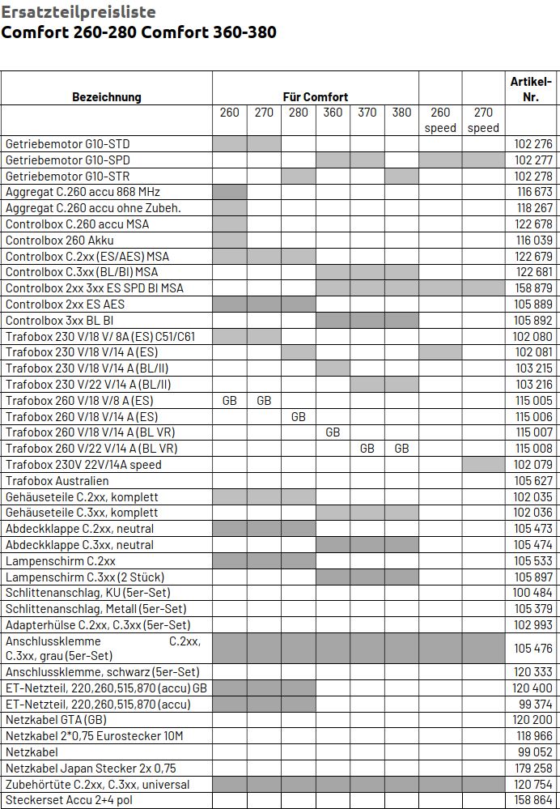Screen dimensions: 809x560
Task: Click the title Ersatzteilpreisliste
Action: click(78, 12)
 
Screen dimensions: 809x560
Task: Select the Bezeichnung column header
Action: click(106, 97)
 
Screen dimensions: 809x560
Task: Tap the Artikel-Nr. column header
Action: click(531, 89)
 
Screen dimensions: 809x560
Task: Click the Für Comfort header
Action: click(316, 97)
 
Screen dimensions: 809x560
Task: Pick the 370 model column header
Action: click(367, 113)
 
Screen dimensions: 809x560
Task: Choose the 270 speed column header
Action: click(483, 120)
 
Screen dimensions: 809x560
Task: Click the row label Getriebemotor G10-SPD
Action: click(67, 160)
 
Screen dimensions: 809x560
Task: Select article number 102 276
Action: click(533, 144)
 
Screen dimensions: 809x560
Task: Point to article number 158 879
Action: click(533, 288)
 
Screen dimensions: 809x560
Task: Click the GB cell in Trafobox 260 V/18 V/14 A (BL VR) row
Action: click(333, 432)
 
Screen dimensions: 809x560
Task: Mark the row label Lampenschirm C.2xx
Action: click(61, 561)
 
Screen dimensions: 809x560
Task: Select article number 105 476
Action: click(533, 649)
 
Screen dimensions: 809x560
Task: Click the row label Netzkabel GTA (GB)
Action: click(56, 720)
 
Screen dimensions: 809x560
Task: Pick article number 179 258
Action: click(533, 769)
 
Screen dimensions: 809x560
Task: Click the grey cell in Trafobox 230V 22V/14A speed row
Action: click(483, 465)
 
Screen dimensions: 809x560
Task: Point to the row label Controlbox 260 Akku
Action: click(60, 241)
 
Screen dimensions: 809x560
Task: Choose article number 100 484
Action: click(533, 593)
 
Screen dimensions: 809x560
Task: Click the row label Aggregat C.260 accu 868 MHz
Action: click(83, 192)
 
